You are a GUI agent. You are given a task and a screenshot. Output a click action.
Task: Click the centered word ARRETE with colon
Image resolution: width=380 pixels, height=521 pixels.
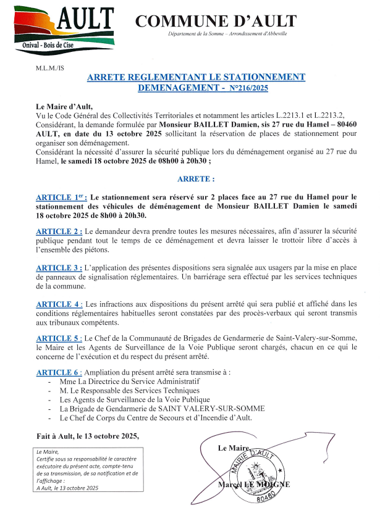pos(196,179)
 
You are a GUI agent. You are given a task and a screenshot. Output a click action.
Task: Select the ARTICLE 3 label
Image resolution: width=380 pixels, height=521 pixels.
pos(59,268)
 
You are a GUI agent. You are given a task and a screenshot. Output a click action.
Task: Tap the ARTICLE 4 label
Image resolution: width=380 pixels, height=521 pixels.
pos(59,304)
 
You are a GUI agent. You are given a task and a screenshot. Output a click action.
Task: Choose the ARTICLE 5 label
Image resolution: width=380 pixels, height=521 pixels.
pos(59,339)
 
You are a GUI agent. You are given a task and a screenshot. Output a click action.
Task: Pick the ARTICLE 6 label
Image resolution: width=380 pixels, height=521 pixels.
pos(59,372)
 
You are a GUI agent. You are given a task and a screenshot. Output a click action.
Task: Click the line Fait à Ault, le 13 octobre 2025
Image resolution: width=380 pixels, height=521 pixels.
pos(88,436)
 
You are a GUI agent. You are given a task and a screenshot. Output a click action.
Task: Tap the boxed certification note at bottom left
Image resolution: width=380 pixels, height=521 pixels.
pos(88,470)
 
